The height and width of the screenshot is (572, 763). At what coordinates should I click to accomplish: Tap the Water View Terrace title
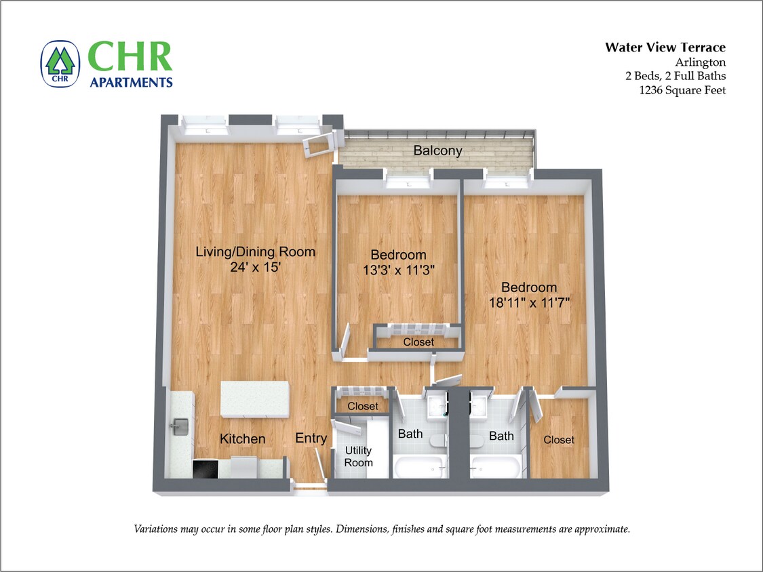pyautogui.click(x=665, y=47)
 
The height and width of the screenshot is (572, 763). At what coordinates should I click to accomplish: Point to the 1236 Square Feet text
pyautogui.click(x=682, y=90)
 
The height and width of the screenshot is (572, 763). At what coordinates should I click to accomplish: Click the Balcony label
pyautogui.click(x=437, y=150)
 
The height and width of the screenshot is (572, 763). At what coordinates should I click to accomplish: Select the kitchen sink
pyautogui.click(x=180, y=426)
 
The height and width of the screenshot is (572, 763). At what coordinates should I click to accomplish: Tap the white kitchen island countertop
pyautogui.click(x=255, y=399)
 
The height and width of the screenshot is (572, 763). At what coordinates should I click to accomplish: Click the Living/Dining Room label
pyautogui.click(x=255, y=252)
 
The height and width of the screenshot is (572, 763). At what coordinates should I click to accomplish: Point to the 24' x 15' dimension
pyautogui.click(x=256, y=267)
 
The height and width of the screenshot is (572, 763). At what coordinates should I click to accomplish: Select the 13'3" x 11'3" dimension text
pyautogui.click(x=398, y=270)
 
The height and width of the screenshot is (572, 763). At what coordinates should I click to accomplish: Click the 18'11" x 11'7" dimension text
pyautogui.click(x=528, y=302)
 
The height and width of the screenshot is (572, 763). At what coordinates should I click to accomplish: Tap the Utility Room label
pyautogui.click(x=358, y=456)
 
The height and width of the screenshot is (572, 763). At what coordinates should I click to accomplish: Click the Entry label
pyautogui.click(x=311, y=438)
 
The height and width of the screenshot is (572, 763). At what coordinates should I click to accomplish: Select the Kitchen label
pyautogui.click(x=242, y=439)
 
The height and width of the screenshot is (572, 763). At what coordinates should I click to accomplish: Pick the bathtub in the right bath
pyautogui.click(x=496, y=466)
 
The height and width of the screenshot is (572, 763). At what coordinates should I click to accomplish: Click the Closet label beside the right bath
pyautogui.click(x=559, y=440)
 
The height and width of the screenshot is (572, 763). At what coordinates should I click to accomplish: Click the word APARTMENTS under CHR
pyautogui.click(x=131, y=83)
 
